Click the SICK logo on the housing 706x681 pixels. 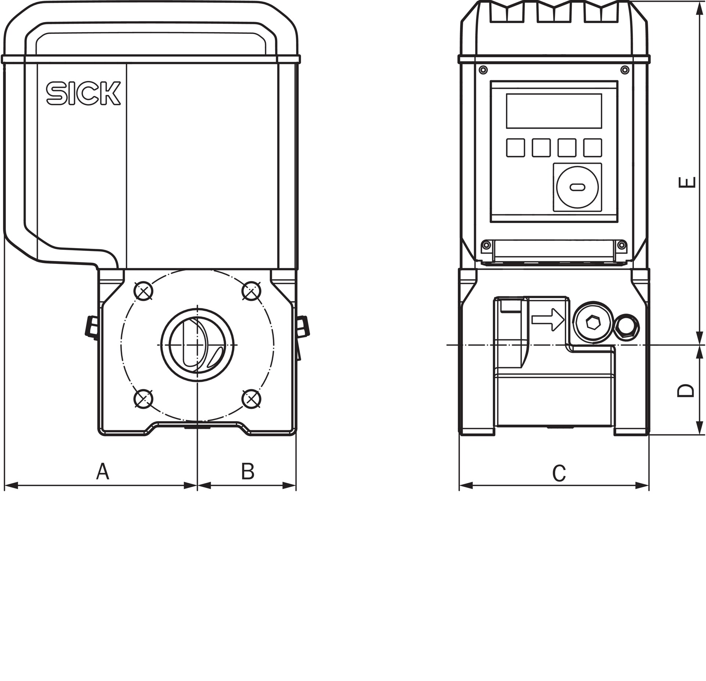pyautogui.click(x=83, y=93)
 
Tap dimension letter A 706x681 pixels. pyautogui.click(x=103, y=472)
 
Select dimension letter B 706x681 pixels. pyautogui.click(x=248, y=472)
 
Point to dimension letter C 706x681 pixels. pyautogui.click(x=559, y=473)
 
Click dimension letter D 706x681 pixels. pyautogui.click(x=685, y=391)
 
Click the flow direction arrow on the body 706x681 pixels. pyautogui.click(x=548, y=319)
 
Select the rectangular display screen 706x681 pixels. pyautogui.click(x=554, y=111)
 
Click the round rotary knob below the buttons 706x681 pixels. pyautogui.click(x=577, y=187)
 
